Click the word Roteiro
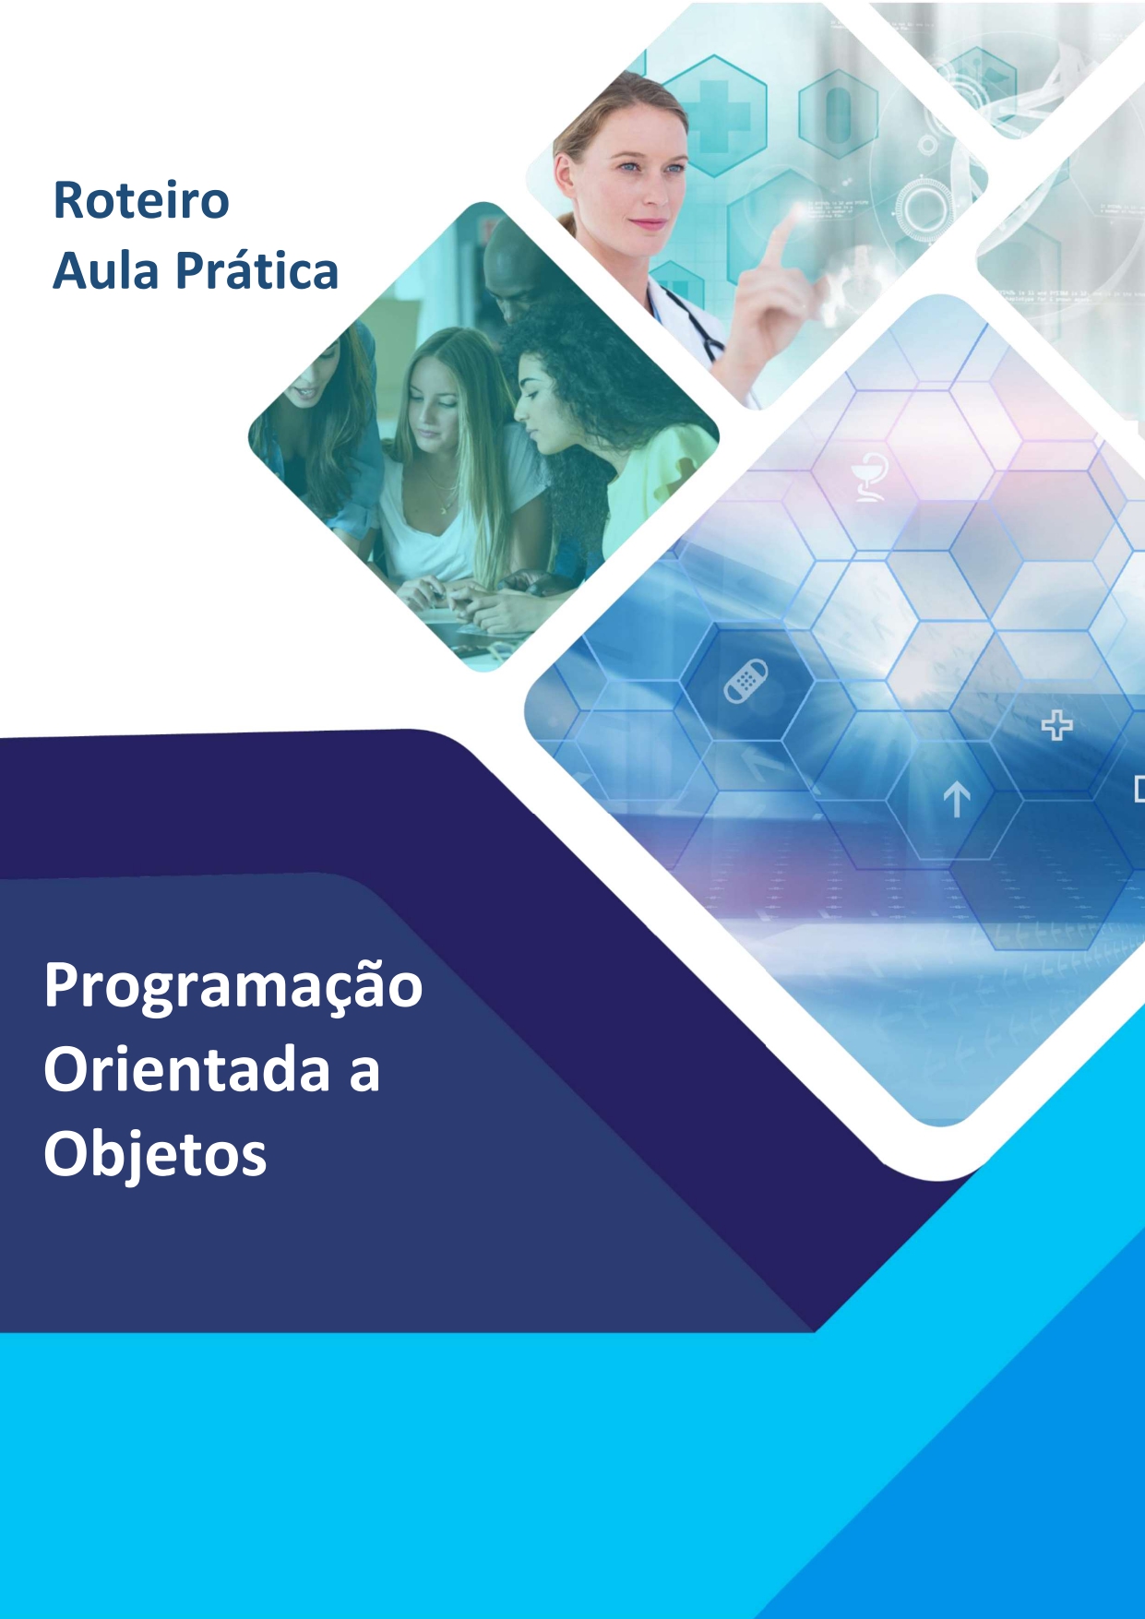pyautogui.click(x=141, y=200)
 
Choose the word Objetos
pyautogui.click(x=155, y=1155)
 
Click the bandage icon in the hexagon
pyautogui.click(x=745, y=681)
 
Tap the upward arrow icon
pyautogui.click(x=956, y=799)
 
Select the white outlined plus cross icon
pyautogui.click(x=1056, y=726)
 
